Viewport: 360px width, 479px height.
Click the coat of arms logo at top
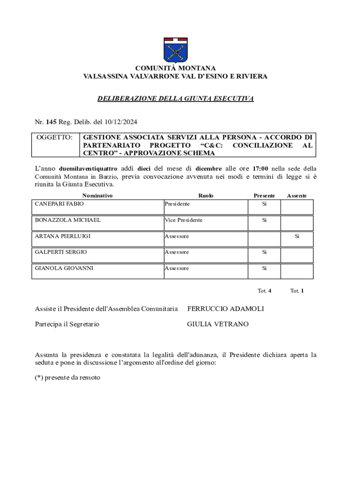click(x=175, y=50)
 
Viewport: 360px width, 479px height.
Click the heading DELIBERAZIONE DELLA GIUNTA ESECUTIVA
click(x=175, y=99)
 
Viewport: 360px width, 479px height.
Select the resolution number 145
click(x=51, y=122)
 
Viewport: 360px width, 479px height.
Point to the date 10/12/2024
click(x=120, y=122)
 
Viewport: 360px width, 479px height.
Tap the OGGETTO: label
click(x=54, y=138)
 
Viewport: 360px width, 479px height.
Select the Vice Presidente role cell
click(x=183, y=220)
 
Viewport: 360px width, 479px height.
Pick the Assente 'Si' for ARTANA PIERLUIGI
click(x=296, y=236)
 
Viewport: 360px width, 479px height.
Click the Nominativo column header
click(x=97, y=196)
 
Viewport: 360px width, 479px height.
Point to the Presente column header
click(x=264, y=196)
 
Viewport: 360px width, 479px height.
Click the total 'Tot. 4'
click(x=264, y=290)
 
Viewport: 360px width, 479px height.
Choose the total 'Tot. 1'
click(x=297, y=290)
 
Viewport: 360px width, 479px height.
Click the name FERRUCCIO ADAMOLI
click(x=225, y=309)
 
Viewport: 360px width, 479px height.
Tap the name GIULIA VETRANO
click(x=218, y=324)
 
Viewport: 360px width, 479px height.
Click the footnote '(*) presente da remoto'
click(x=68, y=377)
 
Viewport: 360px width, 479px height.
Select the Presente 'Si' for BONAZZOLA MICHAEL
click(x=264, y=220)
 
